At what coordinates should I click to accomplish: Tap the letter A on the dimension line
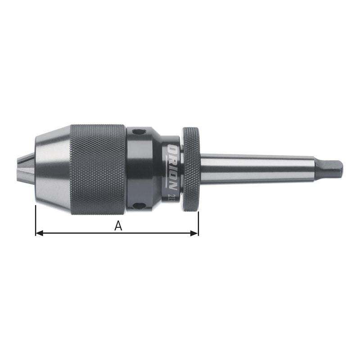118,226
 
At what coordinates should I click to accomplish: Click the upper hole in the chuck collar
137,132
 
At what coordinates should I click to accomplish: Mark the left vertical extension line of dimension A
36,220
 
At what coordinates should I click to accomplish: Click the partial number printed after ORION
173,195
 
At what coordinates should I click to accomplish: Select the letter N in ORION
173,183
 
